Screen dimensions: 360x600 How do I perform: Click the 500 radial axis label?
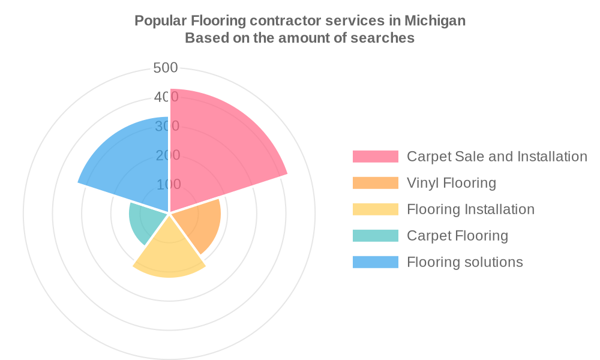(x=166, y=68)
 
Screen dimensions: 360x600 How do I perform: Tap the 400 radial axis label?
(x=166, y=97)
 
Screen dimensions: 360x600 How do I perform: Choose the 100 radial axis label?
(x=169, y=184)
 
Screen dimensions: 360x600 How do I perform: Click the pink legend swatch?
(x=375, y=157)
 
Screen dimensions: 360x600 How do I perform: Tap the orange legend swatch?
(x=375, y=183)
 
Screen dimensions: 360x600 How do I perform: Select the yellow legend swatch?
(x=375, y=209)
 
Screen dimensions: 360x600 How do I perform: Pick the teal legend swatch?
(x=375, y=236)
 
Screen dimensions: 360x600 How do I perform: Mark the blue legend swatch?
(x=375, y=262)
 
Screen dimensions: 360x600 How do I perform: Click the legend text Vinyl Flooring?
(x=451, y=183)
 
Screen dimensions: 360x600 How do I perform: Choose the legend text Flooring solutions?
(x=464, y=262)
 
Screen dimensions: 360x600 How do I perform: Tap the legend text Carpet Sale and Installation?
(x=497, y=157)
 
